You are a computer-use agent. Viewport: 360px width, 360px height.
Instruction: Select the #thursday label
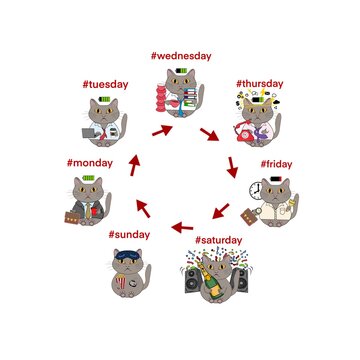(x=261, y=85)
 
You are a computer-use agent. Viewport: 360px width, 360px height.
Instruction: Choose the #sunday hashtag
(x=130, y=234)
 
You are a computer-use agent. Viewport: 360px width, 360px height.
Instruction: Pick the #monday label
(x=90, y=162)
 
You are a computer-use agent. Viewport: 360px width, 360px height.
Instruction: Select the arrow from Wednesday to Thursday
(x=210, y=133)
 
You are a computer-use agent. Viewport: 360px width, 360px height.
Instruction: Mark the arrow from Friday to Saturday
(x=220, y=210)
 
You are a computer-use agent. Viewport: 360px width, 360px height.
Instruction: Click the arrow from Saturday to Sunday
(x=182, y=227)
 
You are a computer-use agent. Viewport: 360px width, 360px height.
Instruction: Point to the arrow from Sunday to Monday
(x=141, y=208)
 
